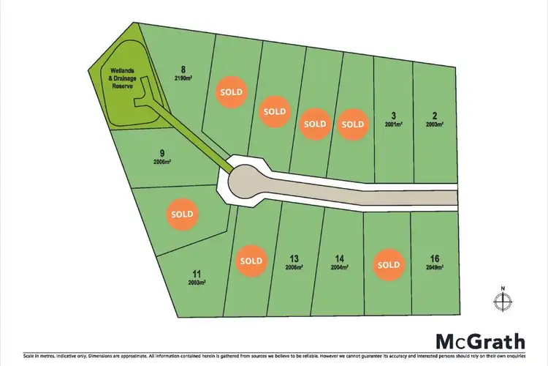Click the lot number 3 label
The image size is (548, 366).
click(393, 116)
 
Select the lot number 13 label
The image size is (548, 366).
click(294, 258)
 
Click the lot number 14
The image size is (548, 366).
click(338, 258)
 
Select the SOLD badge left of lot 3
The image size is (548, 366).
click(353, 124)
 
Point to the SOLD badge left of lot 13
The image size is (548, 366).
click(251, 261)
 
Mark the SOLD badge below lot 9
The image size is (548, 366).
click(182, 214)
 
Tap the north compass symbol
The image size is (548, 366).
click(502, 299)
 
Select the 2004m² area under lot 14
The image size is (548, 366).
click(338, 267)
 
